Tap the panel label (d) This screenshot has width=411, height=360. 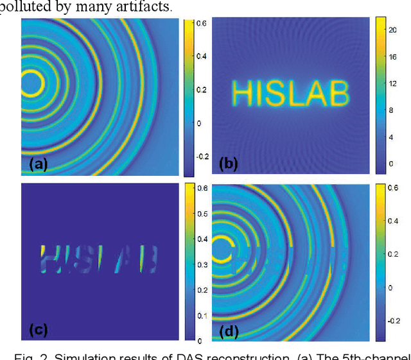(x=229, y=330)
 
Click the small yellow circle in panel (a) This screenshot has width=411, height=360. (x=31, y=83)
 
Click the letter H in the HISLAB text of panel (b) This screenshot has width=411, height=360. (x=242, y=94)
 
